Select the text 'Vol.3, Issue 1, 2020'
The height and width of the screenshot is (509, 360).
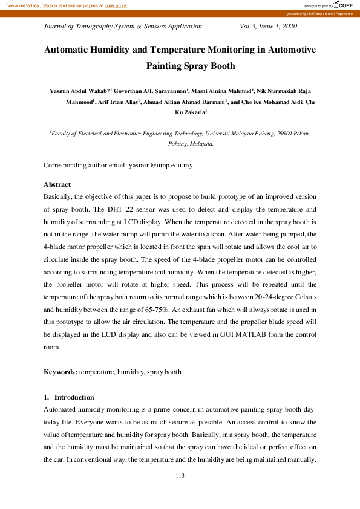269,26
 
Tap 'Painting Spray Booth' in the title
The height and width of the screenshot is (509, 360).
191,66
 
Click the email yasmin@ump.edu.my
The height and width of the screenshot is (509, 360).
160,165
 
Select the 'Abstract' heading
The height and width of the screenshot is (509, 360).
57,184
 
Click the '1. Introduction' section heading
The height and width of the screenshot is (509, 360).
68,397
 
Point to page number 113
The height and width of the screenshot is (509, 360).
180,476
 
